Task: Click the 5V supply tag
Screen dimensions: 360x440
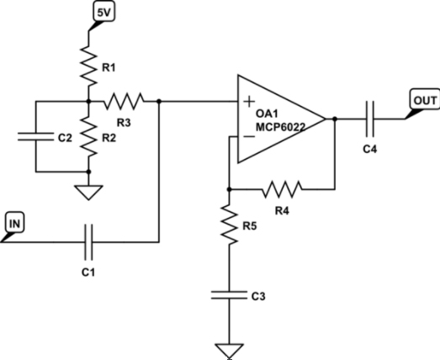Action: pyautogui.click(x=102, y=13)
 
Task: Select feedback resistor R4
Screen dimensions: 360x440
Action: pyautogui.click(x=282, y=189)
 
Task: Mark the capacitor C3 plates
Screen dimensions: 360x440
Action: pyautogui.click(x=228, y=294)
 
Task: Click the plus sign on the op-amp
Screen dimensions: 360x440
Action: pyautogui.click(x=248, y=101)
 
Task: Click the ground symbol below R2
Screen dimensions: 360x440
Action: pyautogui.click(x=87, y=192)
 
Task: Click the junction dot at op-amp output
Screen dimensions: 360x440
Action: pyautogui.click(x=335, y=119)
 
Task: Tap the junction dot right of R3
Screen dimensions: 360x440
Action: pyautogui.click(x=159, y=101)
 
